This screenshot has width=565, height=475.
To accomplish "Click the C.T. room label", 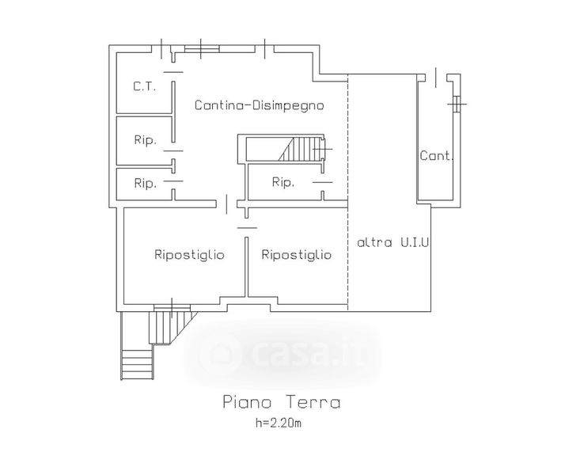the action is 144,86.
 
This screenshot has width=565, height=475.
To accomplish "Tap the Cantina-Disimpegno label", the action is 259,105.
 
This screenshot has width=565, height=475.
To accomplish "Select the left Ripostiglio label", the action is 189,255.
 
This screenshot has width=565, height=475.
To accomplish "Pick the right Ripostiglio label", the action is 296,255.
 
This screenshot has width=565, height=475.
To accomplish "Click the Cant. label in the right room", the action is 436,156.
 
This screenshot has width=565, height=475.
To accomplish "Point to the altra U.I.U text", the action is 393,242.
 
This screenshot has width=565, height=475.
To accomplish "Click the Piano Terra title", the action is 282,402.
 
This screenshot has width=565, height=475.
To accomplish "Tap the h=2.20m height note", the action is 279,423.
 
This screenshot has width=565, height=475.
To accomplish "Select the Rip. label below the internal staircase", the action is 283,182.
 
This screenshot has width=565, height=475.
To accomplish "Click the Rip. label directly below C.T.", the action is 146,140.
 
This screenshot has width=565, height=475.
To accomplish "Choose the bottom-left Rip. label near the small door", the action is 146,183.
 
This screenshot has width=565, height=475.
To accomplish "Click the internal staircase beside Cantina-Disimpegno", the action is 285,149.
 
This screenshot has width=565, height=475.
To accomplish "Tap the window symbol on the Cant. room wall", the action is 457,104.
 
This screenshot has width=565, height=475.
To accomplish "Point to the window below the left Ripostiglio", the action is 172,307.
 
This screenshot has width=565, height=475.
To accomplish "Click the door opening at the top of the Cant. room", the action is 436,78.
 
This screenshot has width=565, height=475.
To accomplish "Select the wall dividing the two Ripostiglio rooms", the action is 247,267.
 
